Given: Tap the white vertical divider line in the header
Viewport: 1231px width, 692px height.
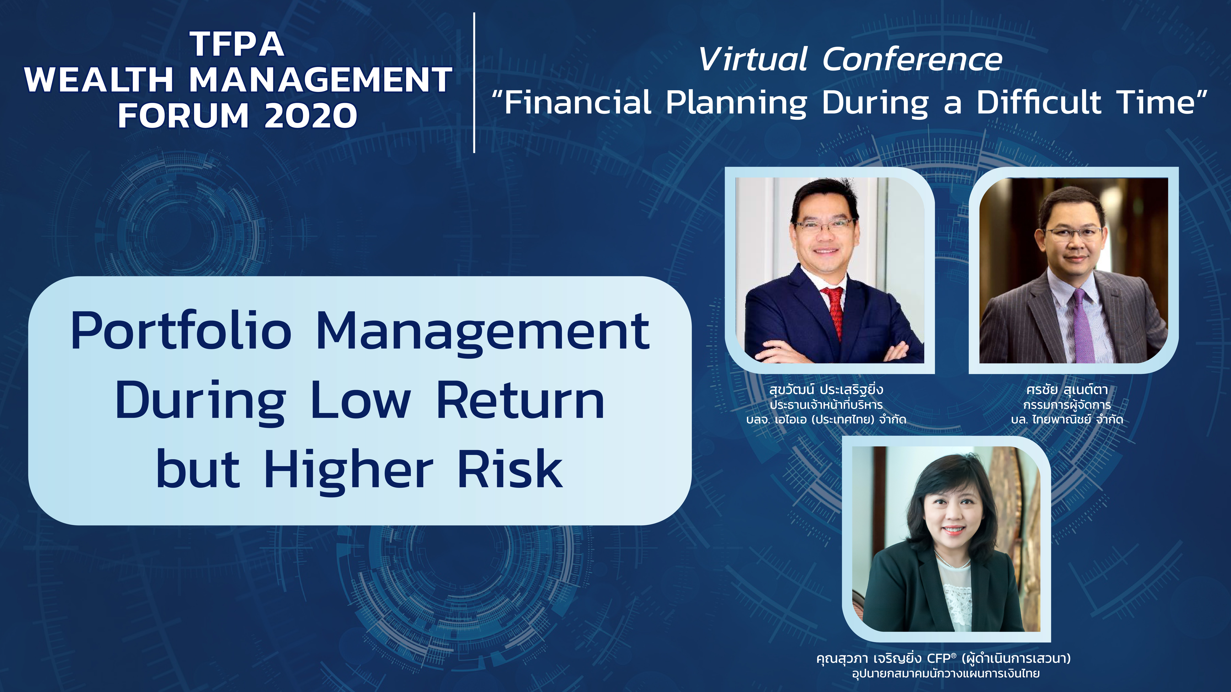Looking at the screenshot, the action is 474,83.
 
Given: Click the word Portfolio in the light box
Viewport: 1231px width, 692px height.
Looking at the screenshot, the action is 181,331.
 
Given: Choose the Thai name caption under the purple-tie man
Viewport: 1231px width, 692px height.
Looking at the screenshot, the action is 1067,390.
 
